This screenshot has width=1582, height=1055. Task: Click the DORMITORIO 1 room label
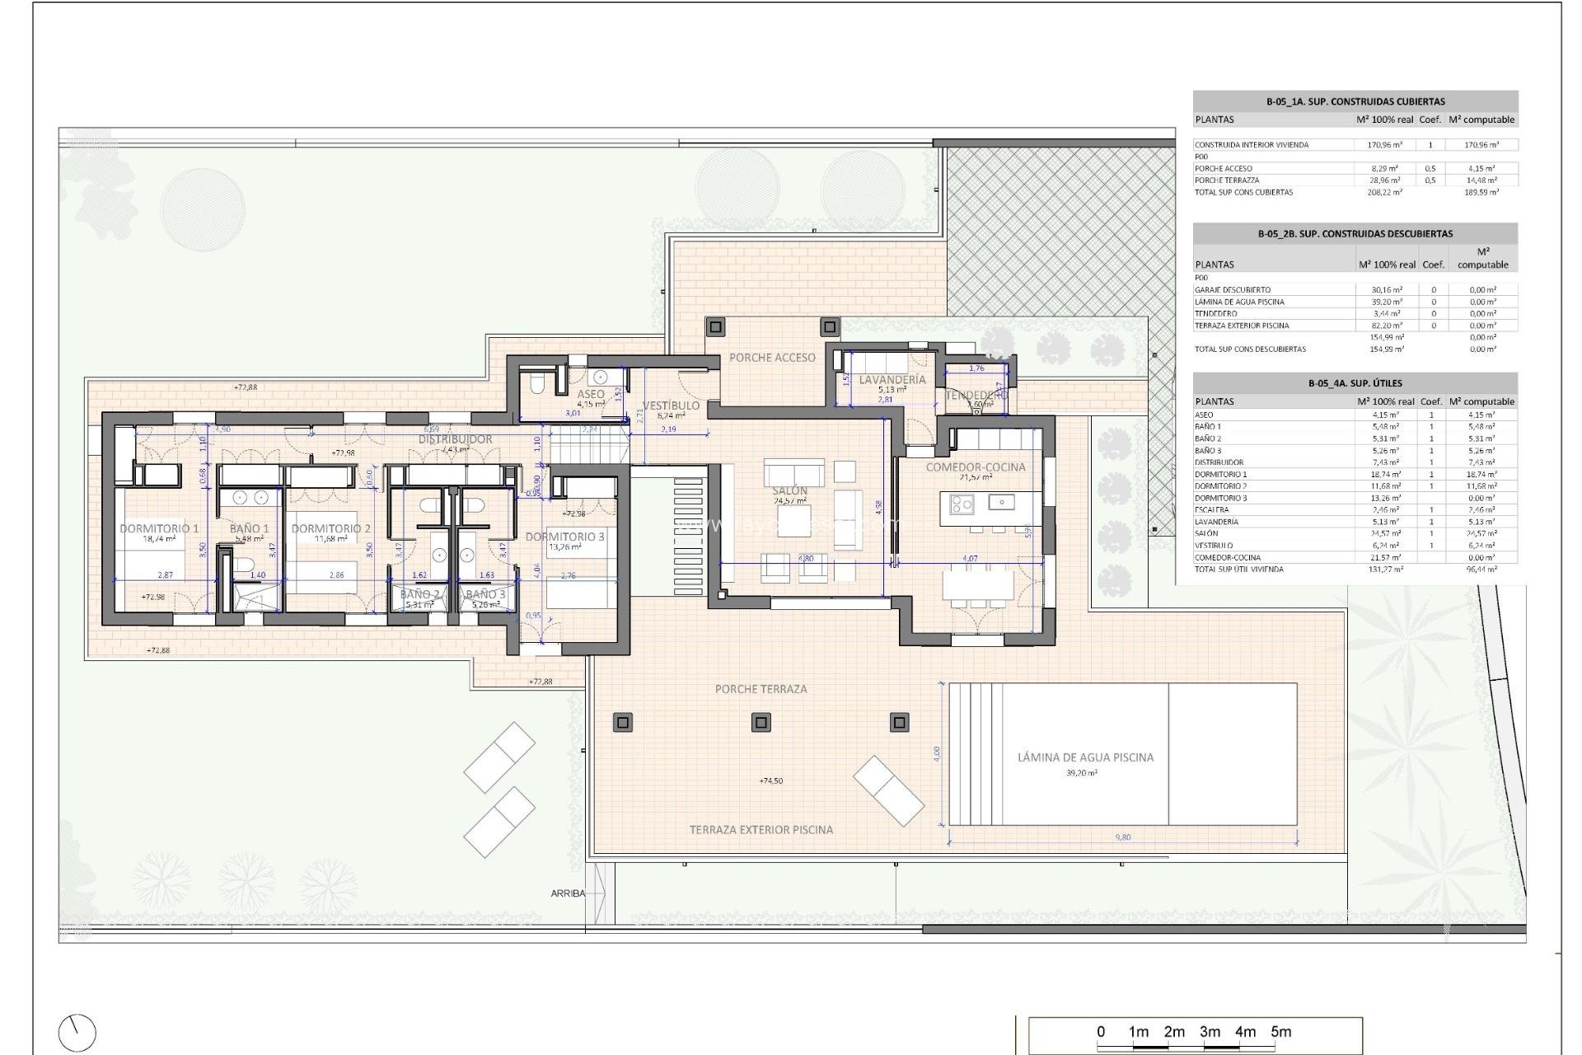coord(159,528)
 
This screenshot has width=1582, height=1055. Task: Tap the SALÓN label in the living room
coord(789,490)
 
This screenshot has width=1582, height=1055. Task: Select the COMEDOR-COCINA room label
coord(975,467)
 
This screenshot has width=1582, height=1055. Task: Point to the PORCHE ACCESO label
coord(772,358)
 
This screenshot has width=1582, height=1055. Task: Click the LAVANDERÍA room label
coord(892,380)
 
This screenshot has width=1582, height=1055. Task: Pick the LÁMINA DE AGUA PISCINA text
coord(1084,757)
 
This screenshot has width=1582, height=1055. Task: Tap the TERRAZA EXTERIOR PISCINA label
coord(761,830)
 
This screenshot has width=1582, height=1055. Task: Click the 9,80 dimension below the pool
coord(1122,837)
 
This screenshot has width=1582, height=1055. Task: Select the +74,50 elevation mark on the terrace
coord(770,781)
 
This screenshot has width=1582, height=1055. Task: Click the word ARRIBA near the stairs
coord(568,893)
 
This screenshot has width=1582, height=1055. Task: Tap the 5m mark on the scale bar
coord(1280,1032)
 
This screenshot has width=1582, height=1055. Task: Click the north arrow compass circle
coord(77,1033)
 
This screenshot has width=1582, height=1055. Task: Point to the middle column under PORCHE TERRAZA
coord(761,723)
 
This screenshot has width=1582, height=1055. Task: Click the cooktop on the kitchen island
coord(961,503)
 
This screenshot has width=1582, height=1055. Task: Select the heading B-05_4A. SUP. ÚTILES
coord(1355,383)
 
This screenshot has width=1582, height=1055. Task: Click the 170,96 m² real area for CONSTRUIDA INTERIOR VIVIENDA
coord(1384,145)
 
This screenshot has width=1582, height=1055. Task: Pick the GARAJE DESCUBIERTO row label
coord(1232,290)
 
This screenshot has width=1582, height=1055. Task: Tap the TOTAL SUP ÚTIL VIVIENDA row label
coord(1238,570)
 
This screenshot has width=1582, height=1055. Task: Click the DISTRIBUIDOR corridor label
coord(455,439)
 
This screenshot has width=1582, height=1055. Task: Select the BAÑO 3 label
coord(485,594)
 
